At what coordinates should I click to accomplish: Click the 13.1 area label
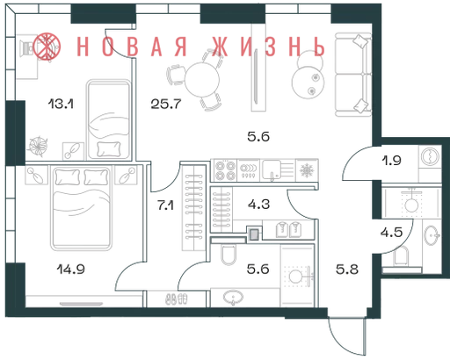61,104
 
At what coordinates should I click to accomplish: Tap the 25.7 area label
166,104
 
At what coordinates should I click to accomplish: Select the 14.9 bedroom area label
71,269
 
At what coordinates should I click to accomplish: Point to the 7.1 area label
165,205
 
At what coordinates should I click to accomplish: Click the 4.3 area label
258,205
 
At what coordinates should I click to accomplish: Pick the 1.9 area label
391,161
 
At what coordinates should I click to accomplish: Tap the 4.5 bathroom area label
392,233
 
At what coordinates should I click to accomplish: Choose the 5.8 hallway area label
347,270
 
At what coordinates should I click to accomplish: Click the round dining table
202,80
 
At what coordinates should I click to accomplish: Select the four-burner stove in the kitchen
226,170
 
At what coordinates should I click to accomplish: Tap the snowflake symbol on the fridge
307,170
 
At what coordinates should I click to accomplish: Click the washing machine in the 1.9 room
430,156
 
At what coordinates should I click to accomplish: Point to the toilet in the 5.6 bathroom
229,255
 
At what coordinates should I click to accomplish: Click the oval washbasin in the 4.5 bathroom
432,235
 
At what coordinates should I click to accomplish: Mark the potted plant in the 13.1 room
38,146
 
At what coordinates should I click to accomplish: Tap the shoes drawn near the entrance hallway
177,299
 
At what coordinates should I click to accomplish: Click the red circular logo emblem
47,47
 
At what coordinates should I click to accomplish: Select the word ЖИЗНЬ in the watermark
269,47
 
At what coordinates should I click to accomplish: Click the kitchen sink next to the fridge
278,170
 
